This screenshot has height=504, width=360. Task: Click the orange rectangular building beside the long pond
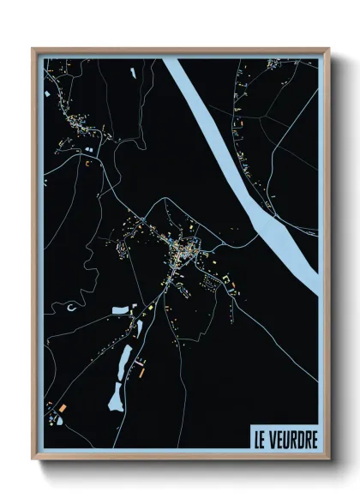(140, 371)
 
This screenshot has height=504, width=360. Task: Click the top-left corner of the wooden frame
(33, 48)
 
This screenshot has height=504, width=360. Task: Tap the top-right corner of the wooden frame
(327, 48)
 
